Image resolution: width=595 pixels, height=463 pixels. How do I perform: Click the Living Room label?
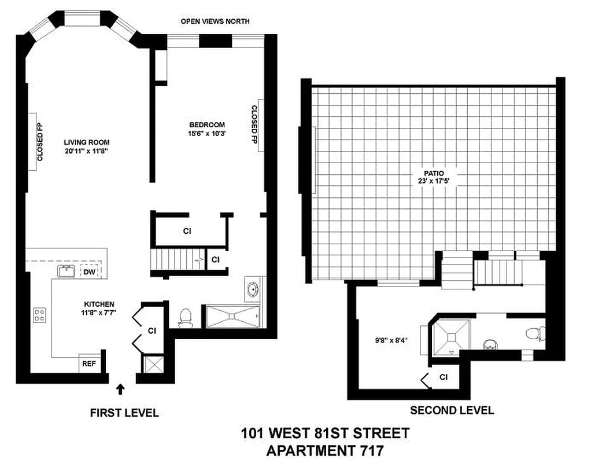pos(87,142)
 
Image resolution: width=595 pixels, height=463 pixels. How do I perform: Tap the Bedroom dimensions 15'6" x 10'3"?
pos(207,134)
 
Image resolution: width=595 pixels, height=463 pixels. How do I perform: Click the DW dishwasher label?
pos(89,272)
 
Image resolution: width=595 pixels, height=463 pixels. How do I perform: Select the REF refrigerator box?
pos(88,364)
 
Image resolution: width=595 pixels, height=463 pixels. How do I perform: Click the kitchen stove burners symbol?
pos(40,315)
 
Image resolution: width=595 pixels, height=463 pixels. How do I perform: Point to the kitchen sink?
pos(67,271)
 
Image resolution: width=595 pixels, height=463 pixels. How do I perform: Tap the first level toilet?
pos(186,316)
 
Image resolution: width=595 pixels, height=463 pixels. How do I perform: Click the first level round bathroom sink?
pos(253,289)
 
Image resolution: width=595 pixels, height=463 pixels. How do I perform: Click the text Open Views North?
pos(215,21)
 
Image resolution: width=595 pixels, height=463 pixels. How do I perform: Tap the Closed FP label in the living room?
pos(40,142)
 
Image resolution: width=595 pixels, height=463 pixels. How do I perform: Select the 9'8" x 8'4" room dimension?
pos(390,340)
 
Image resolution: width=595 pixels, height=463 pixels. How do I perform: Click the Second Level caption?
pos(452,410)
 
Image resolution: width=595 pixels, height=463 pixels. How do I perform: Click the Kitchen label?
pos(99,304)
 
